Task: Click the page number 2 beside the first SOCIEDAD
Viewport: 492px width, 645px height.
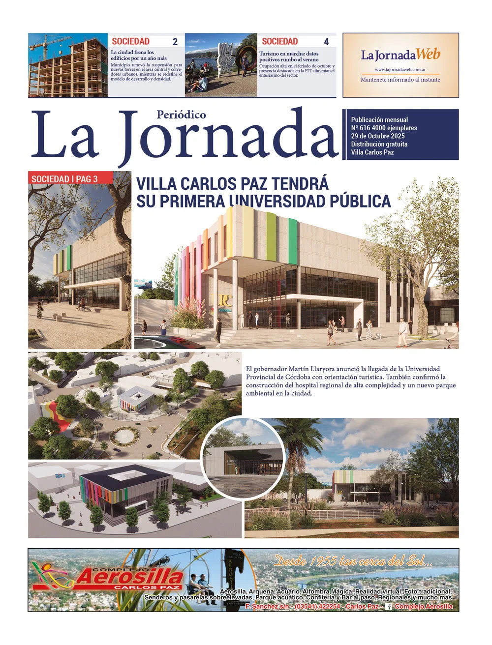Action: (175, 42)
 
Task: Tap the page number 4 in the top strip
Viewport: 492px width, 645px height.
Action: (326, 42)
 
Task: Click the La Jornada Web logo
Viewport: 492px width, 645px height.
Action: (400, 55)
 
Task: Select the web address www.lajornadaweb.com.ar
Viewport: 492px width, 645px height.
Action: (400, 70)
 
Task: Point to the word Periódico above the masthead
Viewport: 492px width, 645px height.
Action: (181, 115)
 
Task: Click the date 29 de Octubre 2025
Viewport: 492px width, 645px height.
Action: (378, 136)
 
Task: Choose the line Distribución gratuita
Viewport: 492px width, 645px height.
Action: (379, 144)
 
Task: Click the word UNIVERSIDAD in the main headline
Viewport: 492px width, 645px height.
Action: (279, 201)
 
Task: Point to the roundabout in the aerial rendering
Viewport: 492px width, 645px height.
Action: (124, 436)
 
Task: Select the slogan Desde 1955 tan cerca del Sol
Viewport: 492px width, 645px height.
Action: (353, 560)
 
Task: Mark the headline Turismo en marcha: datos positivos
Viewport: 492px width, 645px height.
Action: (289, 57)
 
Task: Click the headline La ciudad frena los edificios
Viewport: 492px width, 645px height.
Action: (138, 55)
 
